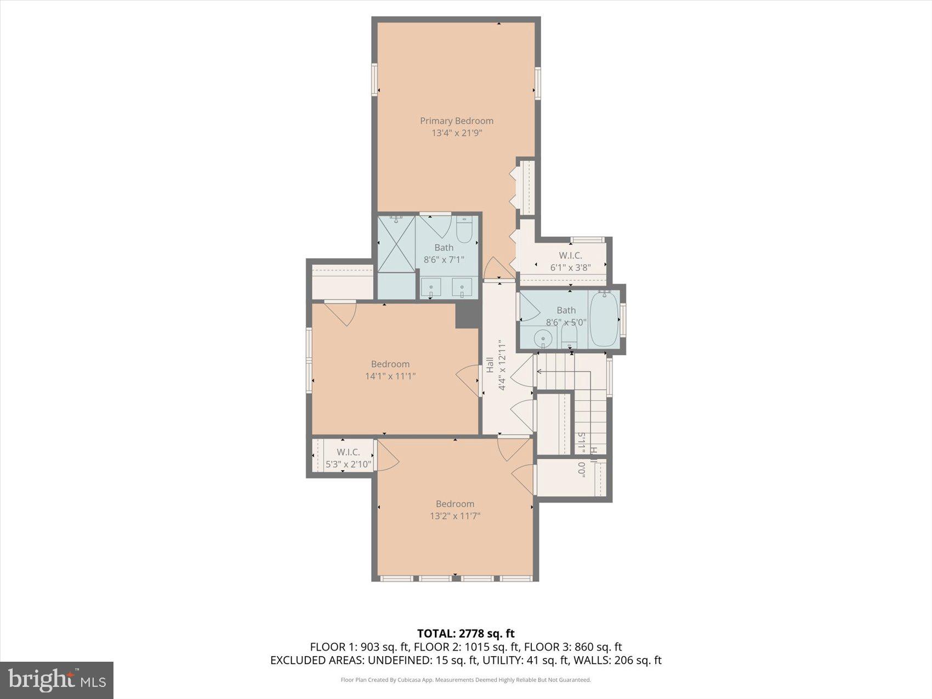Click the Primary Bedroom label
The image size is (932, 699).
[457, 121]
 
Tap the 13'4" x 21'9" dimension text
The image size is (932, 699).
[457, 133]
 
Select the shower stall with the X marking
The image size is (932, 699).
[396, 243]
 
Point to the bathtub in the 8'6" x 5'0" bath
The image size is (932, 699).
[604, 319]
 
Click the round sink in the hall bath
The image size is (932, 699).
[543, 338]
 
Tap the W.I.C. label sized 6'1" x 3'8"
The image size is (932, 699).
[570, 255]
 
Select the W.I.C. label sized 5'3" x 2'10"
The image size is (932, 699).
[348, 452]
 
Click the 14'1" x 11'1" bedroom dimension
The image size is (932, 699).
[390, 376]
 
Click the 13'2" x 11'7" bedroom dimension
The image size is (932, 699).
[455, 516]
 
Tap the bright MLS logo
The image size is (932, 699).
[57, 680]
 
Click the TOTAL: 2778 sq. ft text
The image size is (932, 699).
[465, 634]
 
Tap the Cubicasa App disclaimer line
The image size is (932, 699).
[465, 680]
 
